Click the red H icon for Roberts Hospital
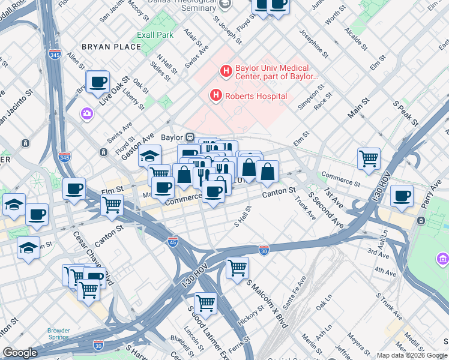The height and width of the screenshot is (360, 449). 215,95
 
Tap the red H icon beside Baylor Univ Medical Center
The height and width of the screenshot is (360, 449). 226,71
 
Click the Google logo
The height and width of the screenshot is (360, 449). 20,353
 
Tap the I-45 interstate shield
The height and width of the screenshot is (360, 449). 173,241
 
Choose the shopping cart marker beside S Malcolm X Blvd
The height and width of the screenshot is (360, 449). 238,267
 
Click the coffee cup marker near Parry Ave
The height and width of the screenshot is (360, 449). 402,196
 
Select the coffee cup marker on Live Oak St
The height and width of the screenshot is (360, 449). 98,82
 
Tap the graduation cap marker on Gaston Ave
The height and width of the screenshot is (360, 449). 149,156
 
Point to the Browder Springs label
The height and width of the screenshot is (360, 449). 59,334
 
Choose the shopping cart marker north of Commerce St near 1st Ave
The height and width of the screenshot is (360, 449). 369,159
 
